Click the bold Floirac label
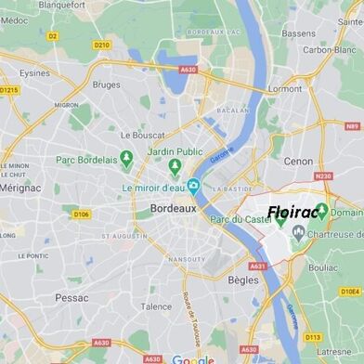click(x=293, y=213)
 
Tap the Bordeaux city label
click(x=174, y=210)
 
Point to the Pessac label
click(x=71, y=298)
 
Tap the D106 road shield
click(x=82, y=214)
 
